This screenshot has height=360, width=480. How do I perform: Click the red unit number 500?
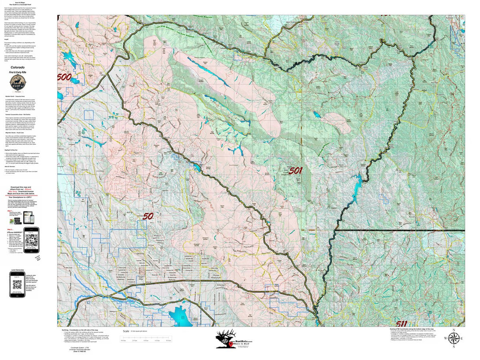pyautogui.click(x=64, y=77)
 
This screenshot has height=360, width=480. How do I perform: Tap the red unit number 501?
pyautogui.click(x=295, y=171)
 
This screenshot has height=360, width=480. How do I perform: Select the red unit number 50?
pyautogui.click(x=148, y=216)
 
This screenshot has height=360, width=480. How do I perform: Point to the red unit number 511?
pyautogui.click(x=407, y=323)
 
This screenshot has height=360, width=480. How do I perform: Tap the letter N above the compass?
pyautogui.click(x=454, y=330)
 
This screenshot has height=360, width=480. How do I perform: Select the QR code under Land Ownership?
pyautogui.click(x=17, y=285)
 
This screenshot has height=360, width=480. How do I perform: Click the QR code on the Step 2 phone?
pyautogui.click(x=32, y=240)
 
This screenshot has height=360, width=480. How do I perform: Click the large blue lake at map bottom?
pyautogui.click(x=182, y=314)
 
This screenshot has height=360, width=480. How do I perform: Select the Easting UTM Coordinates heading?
pyautogui.click(x=416, y=328)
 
